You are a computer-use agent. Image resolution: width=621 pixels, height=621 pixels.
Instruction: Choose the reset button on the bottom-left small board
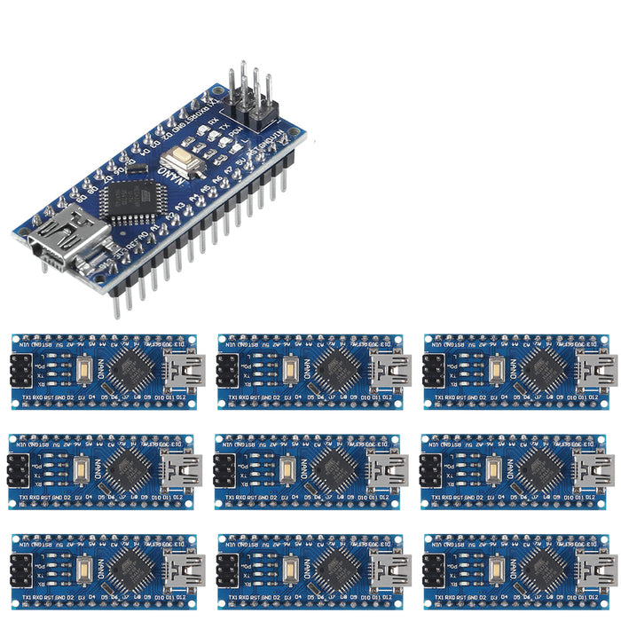pos(83,569)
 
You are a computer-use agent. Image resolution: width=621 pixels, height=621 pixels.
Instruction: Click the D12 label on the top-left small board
pos(180,397)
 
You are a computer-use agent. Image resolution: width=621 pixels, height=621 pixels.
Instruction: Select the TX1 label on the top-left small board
pos(21,397)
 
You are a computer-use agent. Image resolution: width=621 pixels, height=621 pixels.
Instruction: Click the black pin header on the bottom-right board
pos(433,569)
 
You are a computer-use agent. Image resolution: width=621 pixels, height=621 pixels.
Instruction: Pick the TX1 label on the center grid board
pos(230,498)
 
